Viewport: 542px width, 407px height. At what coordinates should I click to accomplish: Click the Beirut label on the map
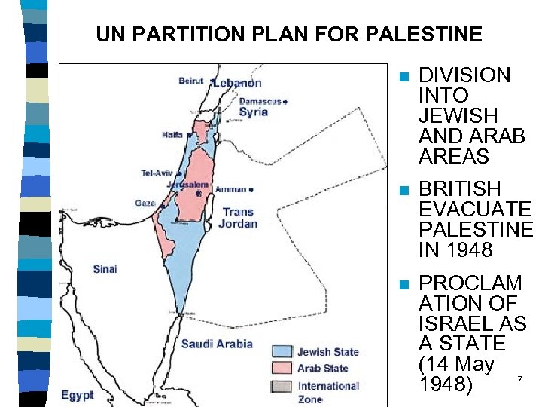point(191,81)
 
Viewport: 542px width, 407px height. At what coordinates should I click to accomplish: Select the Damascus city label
point(260,101)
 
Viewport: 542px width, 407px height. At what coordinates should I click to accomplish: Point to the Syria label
point(253,112)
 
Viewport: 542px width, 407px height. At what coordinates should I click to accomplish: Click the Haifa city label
point(172,135)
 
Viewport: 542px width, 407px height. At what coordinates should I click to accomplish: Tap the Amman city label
point(230,189)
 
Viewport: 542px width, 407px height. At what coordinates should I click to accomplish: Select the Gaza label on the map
point(145,203)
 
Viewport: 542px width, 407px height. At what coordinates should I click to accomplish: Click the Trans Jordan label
point(238,218)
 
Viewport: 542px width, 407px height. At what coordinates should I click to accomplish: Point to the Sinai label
point(105,269)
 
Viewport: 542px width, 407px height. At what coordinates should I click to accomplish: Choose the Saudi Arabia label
point(217,344)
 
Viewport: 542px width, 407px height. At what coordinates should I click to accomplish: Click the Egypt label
point(78,394)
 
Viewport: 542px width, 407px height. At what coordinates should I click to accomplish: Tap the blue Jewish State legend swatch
point(281,352)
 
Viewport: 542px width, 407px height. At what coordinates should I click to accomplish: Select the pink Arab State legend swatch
point(281,368)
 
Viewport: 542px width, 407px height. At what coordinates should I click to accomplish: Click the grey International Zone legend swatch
point(281,386)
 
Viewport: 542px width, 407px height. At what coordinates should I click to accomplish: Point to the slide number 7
point(518,379)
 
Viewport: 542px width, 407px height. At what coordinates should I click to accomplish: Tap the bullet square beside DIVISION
point(404,77)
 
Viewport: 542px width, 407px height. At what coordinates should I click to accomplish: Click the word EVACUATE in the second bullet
point(474,209)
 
